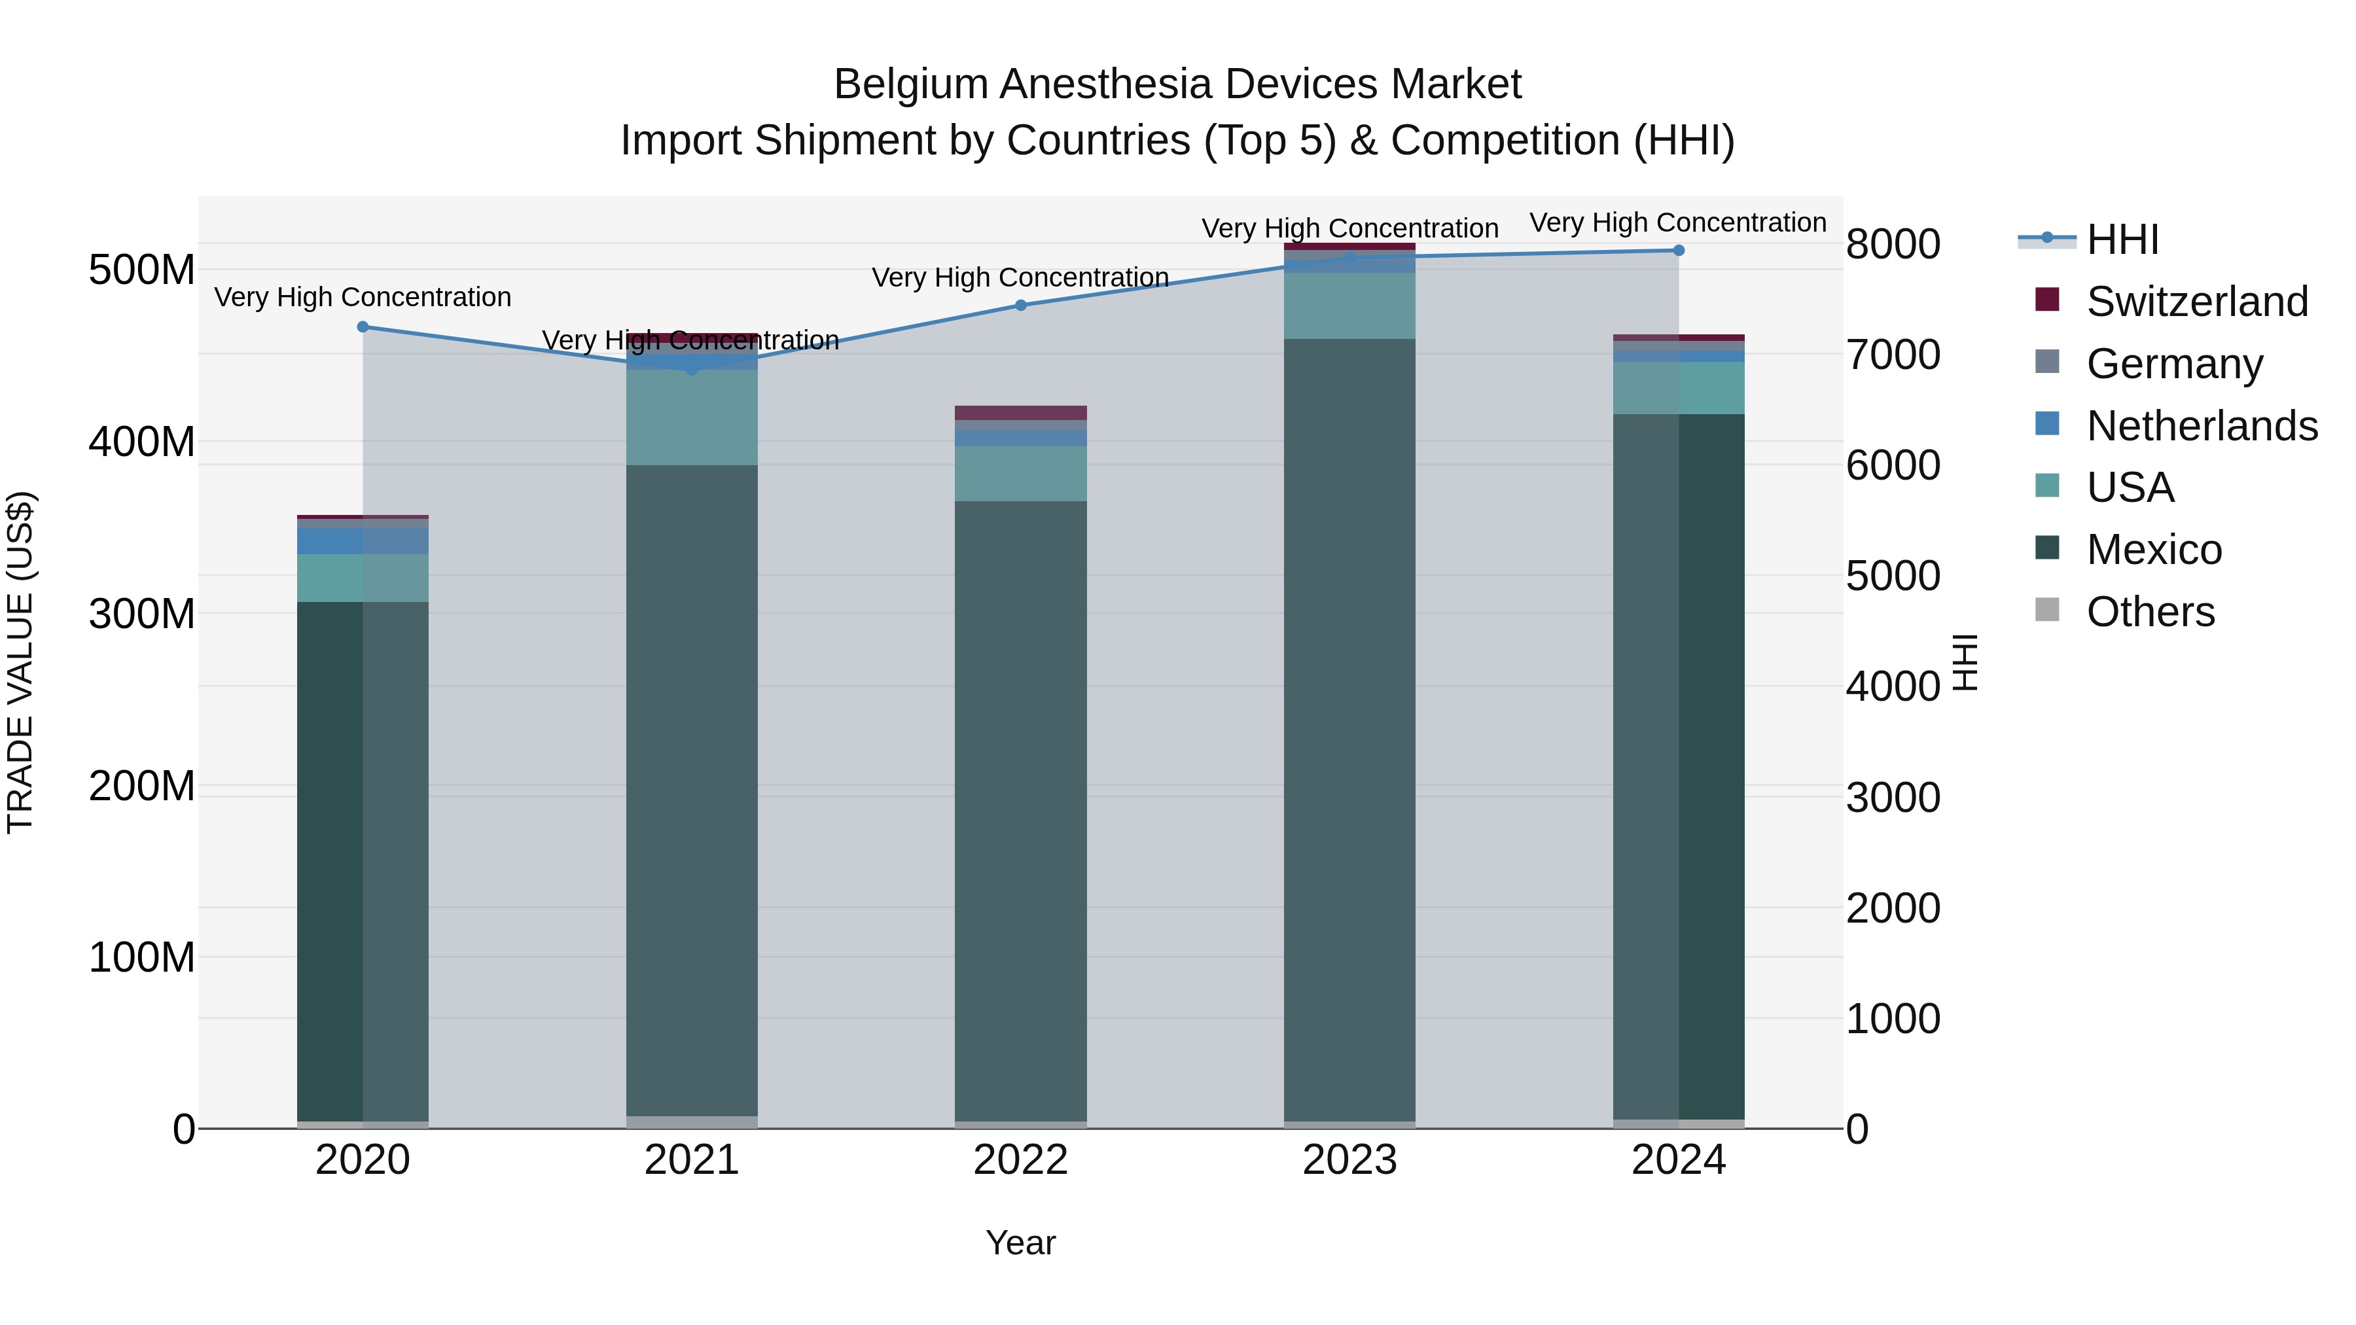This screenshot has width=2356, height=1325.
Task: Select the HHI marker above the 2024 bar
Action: coord(1678,250)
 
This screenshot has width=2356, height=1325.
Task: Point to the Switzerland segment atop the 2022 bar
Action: coord(1021,412)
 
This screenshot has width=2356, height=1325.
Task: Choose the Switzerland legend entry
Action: coord(2195,302)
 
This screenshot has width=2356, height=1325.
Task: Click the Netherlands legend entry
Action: coord(2200,426)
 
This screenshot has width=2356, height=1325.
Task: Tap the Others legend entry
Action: coord(2149,612)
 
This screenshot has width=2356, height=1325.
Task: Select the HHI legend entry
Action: coord(2122,239)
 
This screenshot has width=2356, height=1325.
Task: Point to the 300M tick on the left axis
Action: coord(142,614)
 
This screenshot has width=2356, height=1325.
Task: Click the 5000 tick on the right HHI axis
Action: coord(1892,576)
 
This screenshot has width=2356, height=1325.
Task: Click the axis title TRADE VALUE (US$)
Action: coord(20,662)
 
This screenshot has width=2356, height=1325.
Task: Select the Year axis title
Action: coord(1021,1243)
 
